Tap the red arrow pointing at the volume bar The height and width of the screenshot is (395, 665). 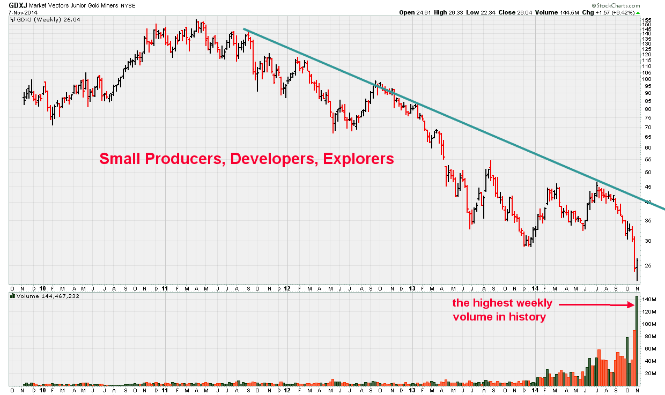pyautogui.click(x=595, y=304)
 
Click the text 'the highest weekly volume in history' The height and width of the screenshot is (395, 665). pyautogui.click(x=502, y=310)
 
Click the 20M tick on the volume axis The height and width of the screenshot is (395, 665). pyautogui.click(x=649, y=374)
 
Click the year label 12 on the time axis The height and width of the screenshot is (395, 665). pyautogui.click(x=287, y=287)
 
